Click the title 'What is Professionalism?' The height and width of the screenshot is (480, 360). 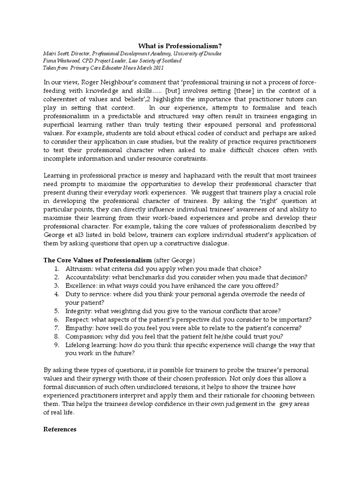click(180, 45)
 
